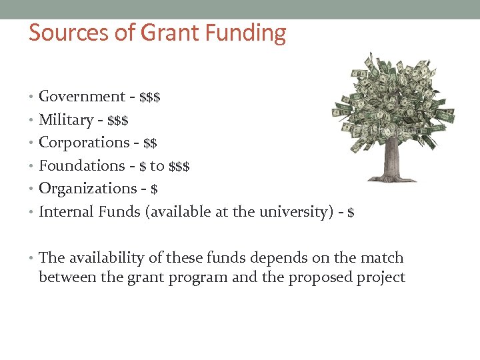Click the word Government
82,97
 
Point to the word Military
66,120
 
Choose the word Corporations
84,143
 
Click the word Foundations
82,165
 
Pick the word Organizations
87,189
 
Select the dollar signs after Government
150,97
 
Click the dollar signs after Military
119,121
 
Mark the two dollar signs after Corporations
151,143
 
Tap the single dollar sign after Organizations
155,189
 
